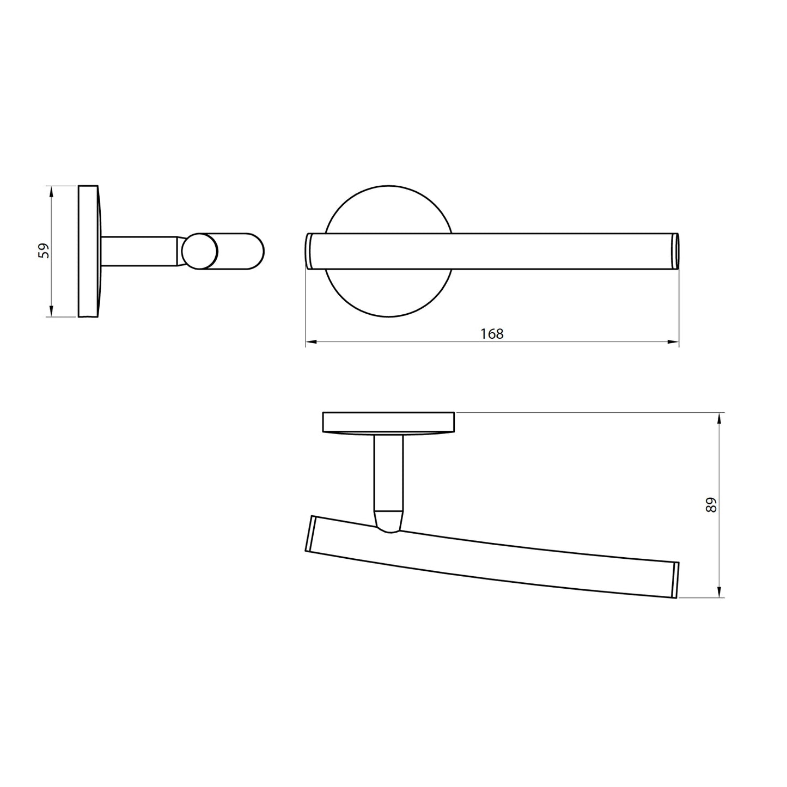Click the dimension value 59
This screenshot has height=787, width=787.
tap(44, 251)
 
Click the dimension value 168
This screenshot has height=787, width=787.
tap(492, 334)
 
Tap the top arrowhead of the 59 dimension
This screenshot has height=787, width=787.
tap(52, 191)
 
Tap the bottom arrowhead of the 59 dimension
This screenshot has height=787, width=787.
tap(52, 312)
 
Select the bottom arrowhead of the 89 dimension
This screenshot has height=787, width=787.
tap(719, 593)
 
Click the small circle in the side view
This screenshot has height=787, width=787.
tap(200, 251)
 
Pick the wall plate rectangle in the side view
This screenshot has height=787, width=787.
tap(89, 251)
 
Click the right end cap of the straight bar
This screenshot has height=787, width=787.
tap(676, 251)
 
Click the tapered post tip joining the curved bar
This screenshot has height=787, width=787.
tap(389, 520)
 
